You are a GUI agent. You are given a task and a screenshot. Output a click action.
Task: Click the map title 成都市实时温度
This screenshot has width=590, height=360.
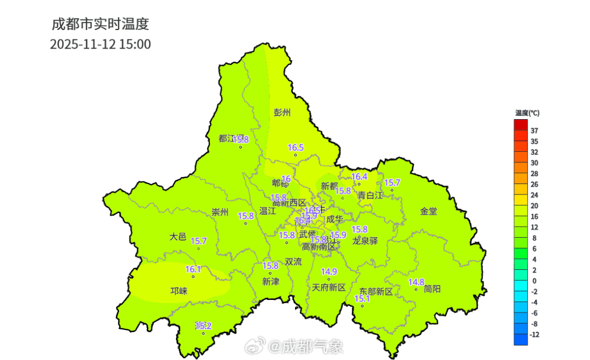tap(100, 24)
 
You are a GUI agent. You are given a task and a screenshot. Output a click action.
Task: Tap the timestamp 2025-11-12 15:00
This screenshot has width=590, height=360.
tap(100, 44)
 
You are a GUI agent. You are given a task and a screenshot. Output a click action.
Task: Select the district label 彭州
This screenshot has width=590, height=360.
tap(282, 113)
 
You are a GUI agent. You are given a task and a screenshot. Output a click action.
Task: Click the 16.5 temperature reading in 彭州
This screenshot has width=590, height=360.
tap(296, 147)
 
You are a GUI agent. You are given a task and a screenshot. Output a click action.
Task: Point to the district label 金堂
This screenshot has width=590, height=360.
tap(428, 211)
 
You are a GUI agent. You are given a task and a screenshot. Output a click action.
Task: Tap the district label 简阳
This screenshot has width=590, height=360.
tap(432, 289)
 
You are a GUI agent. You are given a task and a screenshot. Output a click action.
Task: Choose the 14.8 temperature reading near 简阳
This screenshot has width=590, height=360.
tap(416, 282)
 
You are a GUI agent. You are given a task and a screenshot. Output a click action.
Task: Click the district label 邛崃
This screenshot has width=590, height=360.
tap(179, 291)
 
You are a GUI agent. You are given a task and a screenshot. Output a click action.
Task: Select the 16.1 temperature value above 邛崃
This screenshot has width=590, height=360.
tap(193, 269)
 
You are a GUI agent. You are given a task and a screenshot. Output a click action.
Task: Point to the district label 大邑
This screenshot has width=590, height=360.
tap(178, 237)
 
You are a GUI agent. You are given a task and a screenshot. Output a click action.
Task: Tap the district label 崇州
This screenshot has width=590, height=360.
tap(220, 213)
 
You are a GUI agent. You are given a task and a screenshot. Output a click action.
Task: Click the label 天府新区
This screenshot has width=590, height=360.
tap(329, 287)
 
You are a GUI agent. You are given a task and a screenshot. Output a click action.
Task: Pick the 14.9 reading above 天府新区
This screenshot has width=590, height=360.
tap(329, 272)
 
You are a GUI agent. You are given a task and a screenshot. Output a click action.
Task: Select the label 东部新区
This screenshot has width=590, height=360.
tap(376, 292)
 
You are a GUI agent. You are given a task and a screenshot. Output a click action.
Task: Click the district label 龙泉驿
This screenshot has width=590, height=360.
tap(365, 241)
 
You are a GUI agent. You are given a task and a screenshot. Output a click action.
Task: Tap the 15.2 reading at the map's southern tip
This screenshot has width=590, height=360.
tap(203, 326)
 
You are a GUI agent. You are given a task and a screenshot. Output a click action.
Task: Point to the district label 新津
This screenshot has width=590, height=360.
tap(270, 281)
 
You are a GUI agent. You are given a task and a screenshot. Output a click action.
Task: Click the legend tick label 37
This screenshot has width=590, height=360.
tap(534, 131)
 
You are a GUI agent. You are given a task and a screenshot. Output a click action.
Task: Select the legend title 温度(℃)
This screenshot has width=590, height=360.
tap(527, 113)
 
